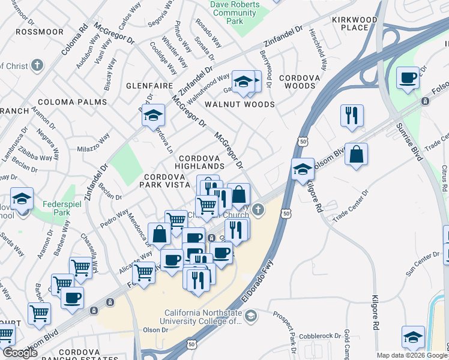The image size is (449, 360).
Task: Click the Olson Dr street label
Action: (x=155, y=330)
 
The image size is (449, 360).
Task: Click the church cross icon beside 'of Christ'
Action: (x=37, y=65)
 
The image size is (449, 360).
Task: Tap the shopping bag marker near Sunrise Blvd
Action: (x=357, y=154)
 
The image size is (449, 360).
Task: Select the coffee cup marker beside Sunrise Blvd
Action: (x=408, y=78)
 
